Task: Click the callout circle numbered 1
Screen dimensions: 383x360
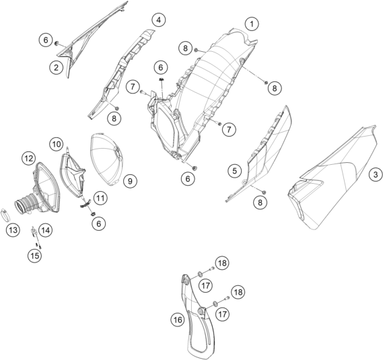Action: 252,24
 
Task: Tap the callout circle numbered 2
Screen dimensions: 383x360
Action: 56,67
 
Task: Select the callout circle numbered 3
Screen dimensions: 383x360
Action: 376,175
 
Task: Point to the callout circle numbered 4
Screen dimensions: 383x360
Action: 159,20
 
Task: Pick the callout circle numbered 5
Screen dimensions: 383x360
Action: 234,171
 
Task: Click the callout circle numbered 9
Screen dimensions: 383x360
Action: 130,181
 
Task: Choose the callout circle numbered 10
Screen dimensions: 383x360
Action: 56,144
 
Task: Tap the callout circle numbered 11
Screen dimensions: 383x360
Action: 100,198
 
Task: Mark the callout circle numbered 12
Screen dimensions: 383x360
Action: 28,159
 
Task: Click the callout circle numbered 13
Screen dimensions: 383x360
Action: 13,230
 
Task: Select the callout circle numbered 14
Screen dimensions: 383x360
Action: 45,230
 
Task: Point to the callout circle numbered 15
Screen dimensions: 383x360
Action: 35,256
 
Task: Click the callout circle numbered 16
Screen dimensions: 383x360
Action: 178,320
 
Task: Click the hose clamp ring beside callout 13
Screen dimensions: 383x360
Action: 5,215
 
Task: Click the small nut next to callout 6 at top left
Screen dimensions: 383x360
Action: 57,43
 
